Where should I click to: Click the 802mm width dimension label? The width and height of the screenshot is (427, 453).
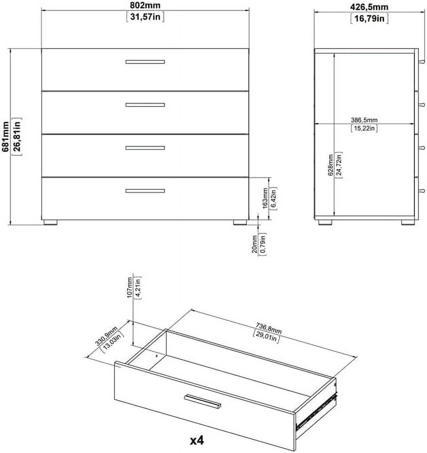coord(145,5)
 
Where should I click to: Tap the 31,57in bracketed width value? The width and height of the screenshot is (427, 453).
coord(145,16)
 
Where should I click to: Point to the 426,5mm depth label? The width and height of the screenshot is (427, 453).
coord(369,7)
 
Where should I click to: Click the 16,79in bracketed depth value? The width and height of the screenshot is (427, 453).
coord(369,18)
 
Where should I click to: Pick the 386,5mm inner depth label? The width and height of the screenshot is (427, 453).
coord(364,120)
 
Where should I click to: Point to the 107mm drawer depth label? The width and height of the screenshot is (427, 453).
coord(130,287)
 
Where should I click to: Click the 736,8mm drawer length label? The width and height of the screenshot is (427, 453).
coord(269,329)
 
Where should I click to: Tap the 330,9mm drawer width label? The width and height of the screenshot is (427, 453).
coord(106,336)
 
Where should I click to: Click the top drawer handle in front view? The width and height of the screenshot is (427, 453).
coord(145,62)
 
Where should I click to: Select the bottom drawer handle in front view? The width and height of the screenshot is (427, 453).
coord(145,191)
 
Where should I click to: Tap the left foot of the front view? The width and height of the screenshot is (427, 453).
coord(50,222)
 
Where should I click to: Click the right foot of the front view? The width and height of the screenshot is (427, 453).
coord(240,222)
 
